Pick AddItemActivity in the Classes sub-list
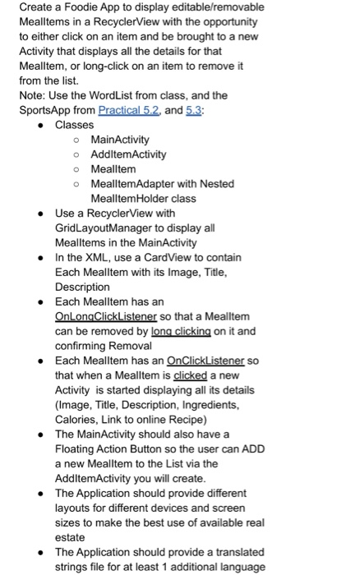pos(128,154)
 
